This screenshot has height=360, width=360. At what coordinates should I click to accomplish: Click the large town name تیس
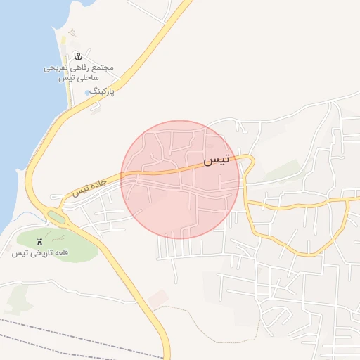(217, 160)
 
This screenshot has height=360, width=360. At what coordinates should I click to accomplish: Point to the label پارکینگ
(103, 91)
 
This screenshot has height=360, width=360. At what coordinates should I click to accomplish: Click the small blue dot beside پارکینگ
(87, 92)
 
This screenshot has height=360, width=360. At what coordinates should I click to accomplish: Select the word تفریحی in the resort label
(55, 68)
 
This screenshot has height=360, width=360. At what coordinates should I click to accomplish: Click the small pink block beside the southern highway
(158, 297)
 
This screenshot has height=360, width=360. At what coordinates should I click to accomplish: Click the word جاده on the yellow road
(99, 183)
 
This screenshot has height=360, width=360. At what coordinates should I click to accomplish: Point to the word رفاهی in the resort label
(80, 68)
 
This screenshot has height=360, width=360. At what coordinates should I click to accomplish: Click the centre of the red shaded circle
(180, 179)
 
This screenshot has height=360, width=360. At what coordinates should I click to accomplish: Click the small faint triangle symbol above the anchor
(72, 33)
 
